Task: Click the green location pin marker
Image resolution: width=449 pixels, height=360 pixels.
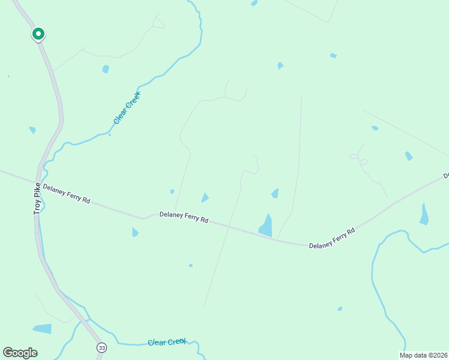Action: pyautogui.click(x=38, y=34)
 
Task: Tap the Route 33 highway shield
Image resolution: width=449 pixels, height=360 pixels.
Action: pyautogui.click(x=101, y=347)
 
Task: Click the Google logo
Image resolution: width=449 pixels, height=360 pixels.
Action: pyautogui.click(x=20, y=353)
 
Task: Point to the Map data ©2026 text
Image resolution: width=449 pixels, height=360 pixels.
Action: pyautogui.click(x=423, y=355)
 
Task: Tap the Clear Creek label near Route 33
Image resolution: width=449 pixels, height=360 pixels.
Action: pyautogui.click(x=167, y=342)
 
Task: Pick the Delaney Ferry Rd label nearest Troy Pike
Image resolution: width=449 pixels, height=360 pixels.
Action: pyautogui.click(x=66, y=194)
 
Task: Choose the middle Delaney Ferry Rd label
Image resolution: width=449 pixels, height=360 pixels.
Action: pyautogui.click(x=184, y=217)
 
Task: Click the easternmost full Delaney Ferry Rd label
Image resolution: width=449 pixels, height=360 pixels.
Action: pyautogui.click(x=332, y=238)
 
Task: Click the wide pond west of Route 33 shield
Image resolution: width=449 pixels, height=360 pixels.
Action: pyautogui.click(x=42, y=329)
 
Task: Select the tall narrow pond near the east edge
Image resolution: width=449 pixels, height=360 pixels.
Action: pyautogui.click(x=424, y=214)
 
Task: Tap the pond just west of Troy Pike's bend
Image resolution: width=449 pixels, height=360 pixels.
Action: pyautogui.click(x=32, y=130)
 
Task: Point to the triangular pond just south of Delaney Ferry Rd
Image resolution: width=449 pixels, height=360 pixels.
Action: pyautogui.click(x=134, y=232)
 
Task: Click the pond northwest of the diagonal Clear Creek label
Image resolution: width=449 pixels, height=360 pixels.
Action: pyautogui.click(x=106, y=69)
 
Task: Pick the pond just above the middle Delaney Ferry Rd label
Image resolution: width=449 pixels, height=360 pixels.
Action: pyautogui.click(x=205, y=197)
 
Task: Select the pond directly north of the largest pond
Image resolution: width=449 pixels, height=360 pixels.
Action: pyautogui.click(x=275, y=193)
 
